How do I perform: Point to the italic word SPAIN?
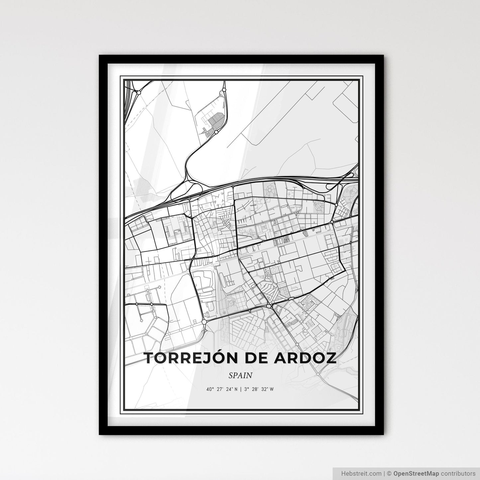click(240, 375)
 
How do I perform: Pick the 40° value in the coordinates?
click(210, 389)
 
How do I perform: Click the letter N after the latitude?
click(236, 389)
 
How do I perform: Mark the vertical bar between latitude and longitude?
click(240, 389)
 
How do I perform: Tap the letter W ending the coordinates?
click(272, 389)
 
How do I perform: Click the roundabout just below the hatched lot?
click(216, 132)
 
